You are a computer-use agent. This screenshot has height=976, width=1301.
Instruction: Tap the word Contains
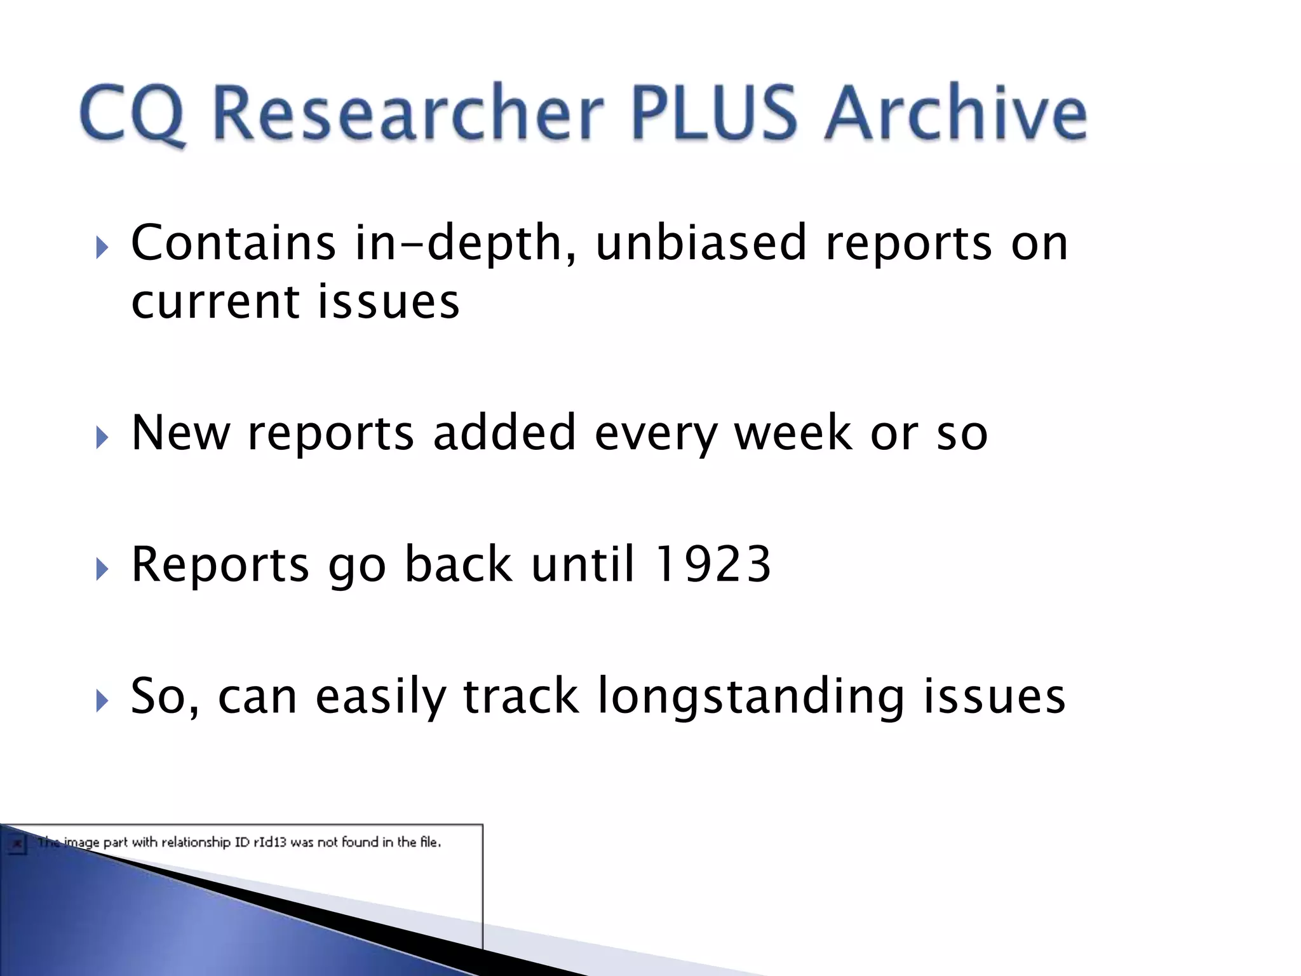(x=233, y=243)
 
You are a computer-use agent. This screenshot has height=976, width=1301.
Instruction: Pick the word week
(x=793, y=433)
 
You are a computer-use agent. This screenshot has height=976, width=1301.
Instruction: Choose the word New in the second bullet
(x=180, y=433)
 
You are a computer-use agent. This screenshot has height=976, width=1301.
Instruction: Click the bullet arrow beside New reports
(x=102, y=438)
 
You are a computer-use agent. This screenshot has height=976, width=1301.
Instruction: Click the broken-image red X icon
(x=17, y=844)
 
